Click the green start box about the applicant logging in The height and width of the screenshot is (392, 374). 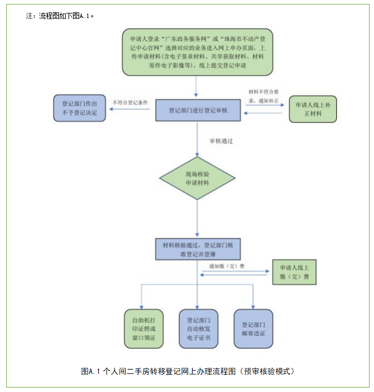tap(198, 52)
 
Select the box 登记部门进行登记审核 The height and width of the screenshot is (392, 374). tap(198, 110)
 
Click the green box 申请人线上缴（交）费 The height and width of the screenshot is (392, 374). tap(295, 272)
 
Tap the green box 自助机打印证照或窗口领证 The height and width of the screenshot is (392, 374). tap(144, 329)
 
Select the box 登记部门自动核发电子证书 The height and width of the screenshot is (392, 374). tap(198, 329)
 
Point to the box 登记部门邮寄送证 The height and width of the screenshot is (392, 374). tap(253, 329)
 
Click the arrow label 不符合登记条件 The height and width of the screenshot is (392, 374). tap(130, 103)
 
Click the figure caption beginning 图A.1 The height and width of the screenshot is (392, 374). tap(188, 371)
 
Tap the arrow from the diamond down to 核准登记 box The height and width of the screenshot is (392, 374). tap(197, 219)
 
